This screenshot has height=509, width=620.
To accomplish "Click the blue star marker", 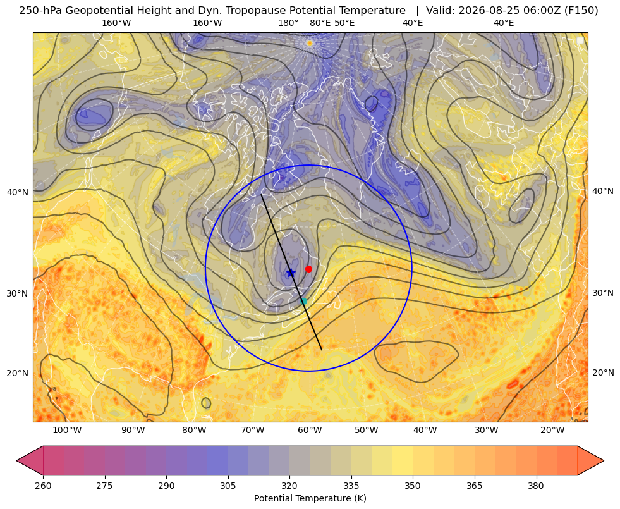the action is tap(291, 273).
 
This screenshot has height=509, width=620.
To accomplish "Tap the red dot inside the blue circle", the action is tap(309, 269).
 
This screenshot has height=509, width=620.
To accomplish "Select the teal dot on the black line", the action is tap(303, 301).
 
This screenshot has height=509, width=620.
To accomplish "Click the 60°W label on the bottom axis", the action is tap(309, 431).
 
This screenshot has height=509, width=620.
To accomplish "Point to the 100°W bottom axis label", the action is tap(67, 431).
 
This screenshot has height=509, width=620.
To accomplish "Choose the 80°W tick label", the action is tap(194, 431).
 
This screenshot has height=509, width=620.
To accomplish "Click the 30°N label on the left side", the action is tap(18, 293).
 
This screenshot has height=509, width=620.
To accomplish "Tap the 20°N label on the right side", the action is tap(603, 372).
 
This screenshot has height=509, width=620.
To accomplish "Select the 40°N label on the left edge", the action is tap(18, 192).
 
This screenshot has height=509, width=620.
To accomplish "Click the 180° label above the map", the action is tap(288, 23).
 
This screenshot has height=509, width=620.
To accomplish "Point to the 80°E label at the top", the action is tap(320, 23).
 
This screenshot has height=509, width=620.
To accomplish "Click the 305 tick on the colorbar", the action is tap(228, 486).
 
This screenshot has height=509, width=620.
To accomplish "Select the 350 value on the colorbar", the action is tap(413, 486).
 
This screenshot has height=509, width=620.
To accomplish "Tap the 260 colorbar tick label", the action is tap(43, 486).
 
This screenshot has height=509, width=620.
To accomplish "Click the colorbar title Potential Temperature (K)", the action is tap(310, 498).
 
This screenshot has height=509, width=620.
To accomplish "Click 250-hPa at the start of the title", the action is tap(40, 11).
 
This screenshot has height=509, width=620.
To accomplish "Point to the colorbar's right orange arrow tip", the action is tap(604, 460).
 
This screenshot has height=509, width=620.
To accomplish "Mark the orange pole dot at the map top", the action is tap(310, 43).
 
